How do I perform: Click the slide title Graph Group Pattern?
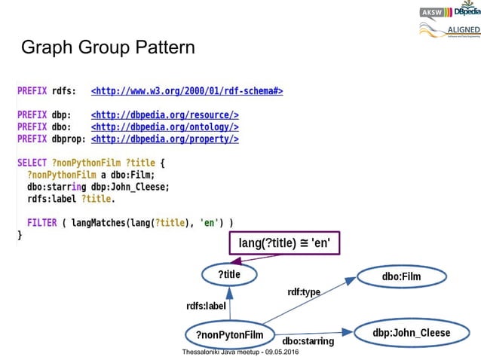point(108,48)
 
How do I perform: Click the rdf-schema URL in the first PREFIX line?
point(186,92)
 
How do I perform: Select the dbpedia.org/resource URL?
point(164,115)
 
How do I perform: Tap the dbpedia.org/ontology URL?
point(164,127)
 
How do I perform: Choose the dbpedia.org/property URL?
point(164,139)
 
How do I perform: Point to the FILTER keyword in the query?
point(42,223)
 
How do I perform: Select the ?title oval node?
point(229,275)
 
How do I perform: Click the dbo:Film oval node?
point(401,277)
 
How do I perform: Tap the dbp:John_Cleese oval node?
point(411,332)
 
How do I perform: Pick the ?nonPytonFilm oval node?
point(228,334)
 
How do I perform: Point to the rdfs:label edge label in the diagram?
point(206,306)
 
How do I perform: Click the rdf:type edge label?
point(304,291)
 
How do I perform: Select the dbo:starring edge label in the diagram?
point(308,341)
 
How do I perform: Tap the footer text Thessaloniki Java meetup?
point(240,352)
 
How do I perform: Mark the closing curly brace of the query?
point(20,236)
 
